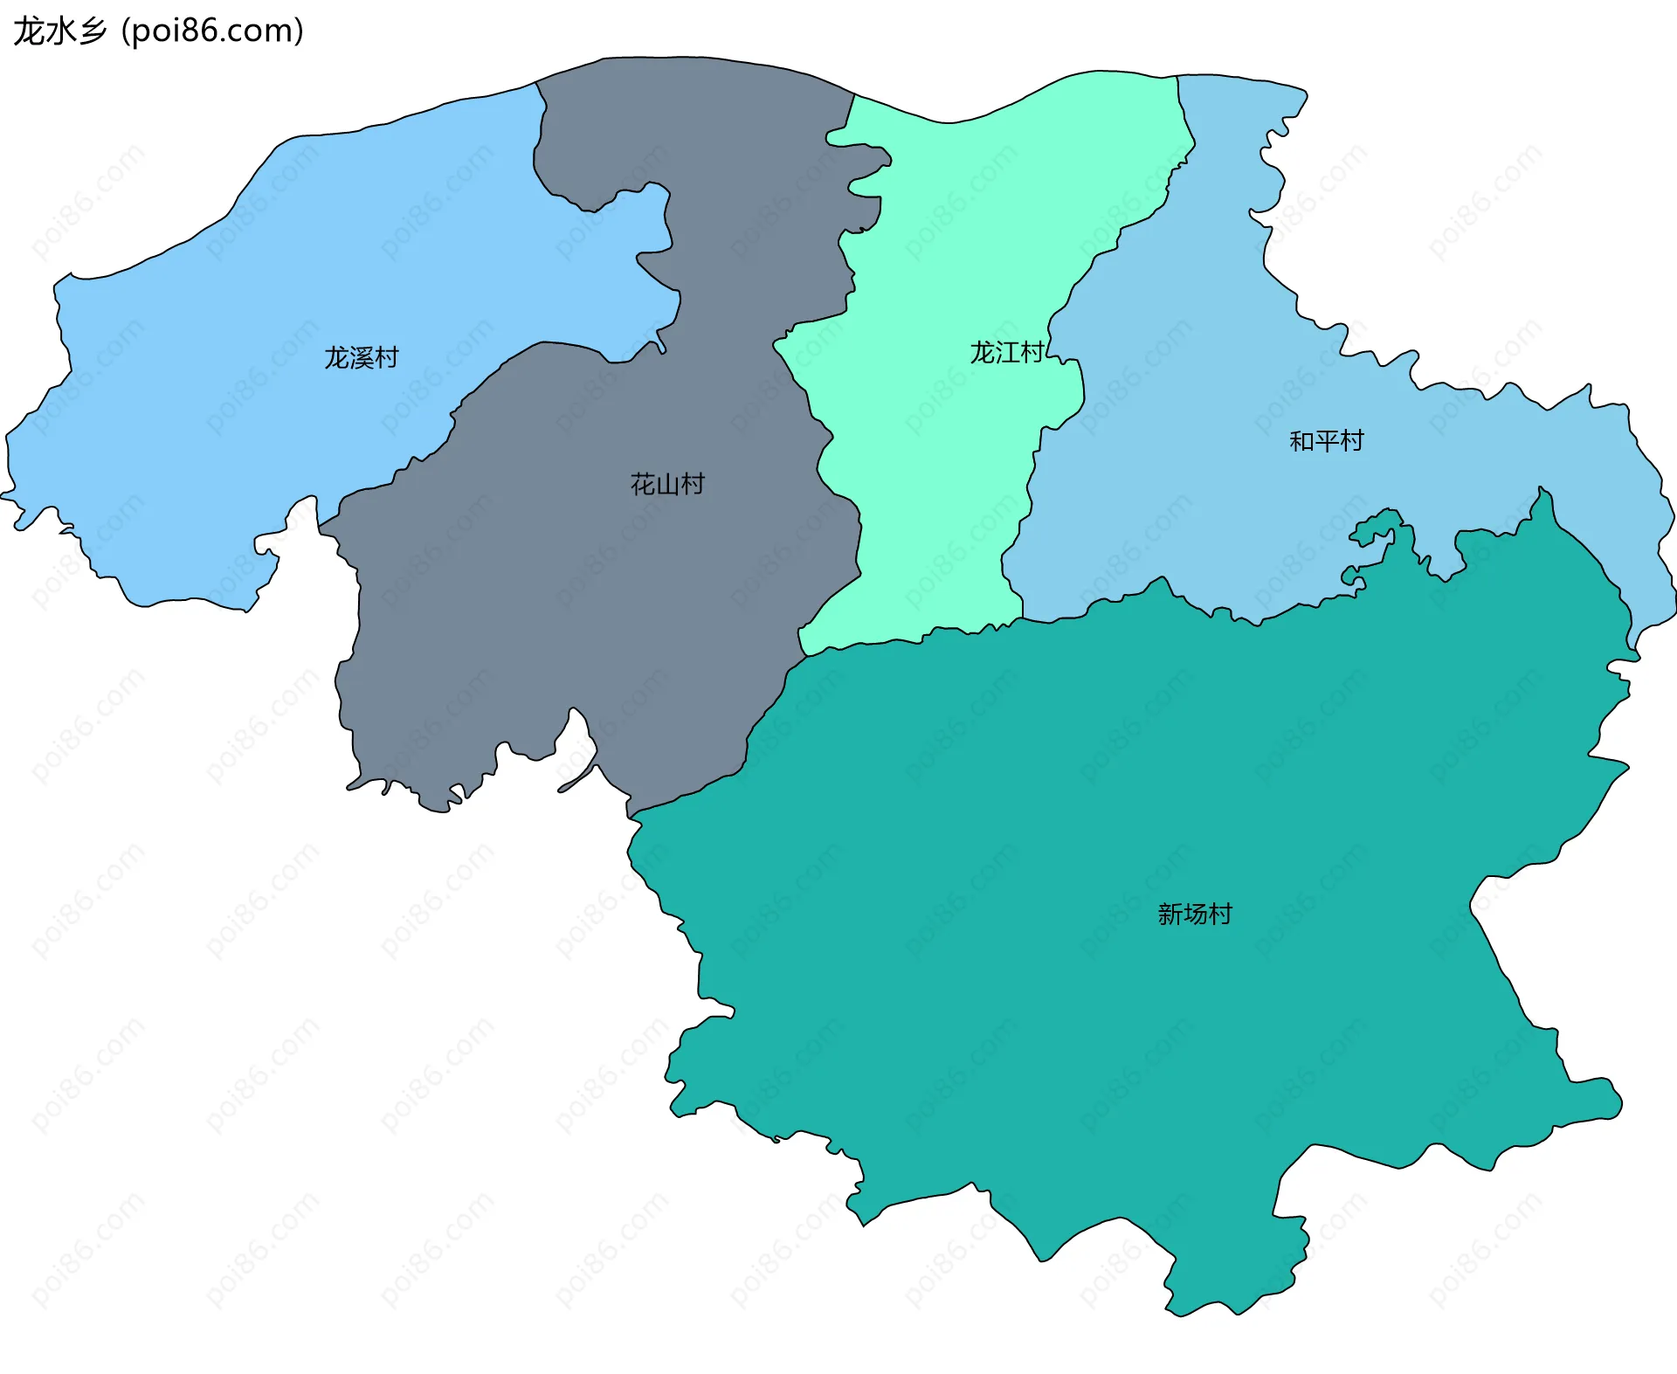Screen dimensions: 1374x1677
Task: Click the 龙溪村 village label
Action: tap(361, 358)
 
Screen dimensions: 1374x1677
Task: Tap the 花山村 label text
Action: tap(667, 485)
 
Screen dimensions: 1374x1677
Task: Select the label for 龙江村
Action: tap(1006, 353)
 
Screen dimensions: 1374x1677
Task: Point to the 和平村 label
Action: tap(1326, 441)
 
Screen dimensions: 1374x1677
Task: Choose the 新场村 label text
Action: tap(1194, 915)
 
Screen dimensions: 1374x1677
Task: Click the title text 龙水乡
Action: tap(60, 31)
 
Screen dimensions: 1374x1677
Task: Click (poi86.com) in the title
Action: tap(213, 31)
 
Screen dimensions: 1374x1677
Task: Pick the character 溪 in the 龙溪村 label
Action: tap(362, 358)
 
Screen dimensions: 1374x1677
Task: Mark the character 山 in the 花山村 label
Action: tap(667, 485)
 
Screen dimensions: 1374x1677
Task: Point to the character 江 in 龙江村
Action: tap(1007, 353)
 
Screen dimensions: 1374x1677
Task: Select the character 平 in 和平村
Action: tap(1327, 441)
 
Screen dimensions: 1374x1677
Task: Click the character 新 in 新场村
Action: tap(1170, 915)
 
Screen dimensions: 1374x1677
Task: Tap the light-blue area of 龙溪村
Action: tap(218, 393)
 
